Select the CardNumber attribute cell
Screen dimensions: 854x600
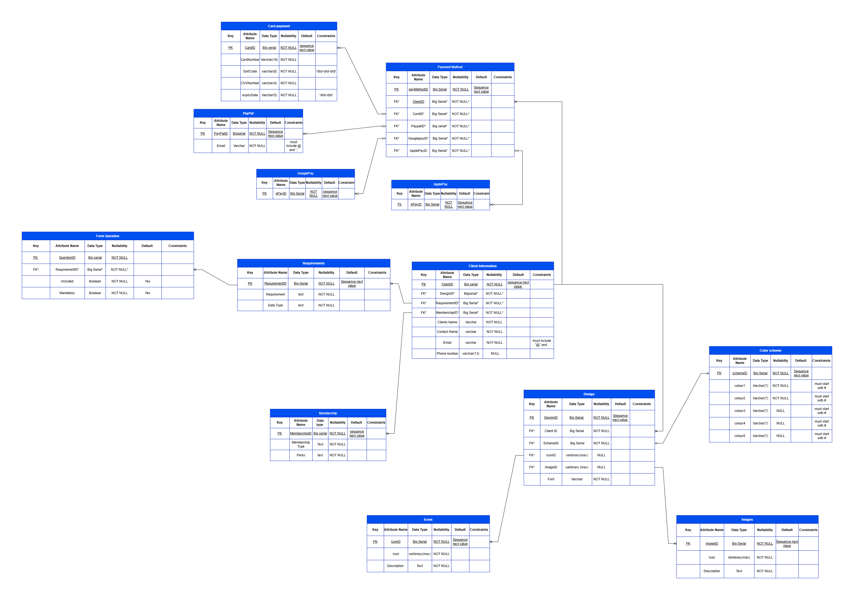[250, 59]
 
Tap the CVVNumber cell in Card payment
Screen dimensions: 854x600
[250, 83]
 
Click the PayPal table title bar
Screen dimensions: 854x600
[248, 113]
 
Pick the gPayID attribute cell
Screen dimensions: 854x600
[281, 194]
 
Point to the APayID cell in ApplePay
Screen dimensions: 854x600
[416, 204]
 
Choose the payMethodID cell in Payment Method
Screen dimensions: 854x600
[418, 90]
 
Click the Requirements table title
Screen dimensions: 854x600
[314, 263]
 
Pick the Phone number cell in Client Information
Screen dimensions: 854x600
[447, 354]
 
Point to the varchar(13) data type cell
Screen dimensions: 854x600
[471, 354]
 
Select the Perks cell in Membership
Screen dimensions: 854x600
[301, 456]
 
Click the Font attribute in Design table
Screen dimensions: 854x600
[551, 480]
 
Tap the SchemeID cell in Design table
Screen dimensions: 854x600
[551, 444]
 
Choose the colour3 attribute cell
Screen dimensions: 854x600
[740, 411]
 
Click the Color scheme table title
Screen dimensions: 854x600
[770, 351]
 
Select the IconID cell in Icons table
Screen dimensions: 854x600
[396, 542]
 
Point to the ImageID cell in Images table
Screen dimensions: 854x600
[712, 544]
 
